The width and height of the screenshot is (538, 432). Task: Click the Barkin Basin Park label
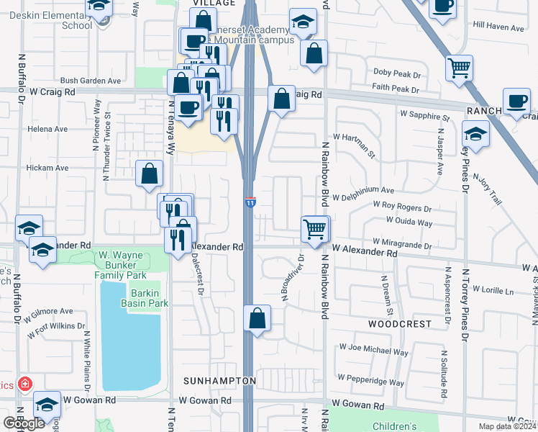(149, 298)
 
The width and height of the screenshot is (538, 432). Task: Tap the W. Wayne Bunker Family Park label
(122, 265)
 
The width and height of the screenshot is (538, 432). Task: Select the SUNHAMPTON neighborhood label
(219, 380)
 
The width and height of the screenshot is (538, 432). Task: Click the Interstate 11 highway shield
(250, 203)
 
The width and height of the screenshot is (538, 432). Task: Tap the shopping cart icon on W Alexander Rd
(315, 229)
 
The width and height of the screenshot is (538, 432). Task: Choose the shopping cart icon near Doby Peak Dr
(459, 68)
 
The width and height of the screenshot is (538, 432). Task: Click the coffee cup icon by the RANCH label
(516, 102)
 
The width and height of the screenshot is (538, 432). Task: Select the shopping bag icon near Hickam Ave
(149, 173)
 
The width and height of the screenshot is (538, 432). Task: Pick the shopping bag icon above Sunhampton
(257, 318)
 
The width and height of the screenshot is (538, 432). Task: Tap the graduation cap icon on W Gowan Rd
(47, 405)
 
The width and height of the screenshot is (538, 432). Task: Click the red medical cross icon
(25, 384)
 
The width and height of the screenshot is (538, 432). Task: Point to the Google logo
(24, 423)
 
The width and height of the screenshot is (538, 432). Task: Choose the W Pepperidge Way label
(375, 382)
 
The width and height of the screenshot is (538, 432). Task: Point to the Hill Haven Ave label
(498, 27)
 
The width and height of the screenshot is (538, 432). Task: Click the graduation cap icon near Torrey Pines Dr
(475, 134)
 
